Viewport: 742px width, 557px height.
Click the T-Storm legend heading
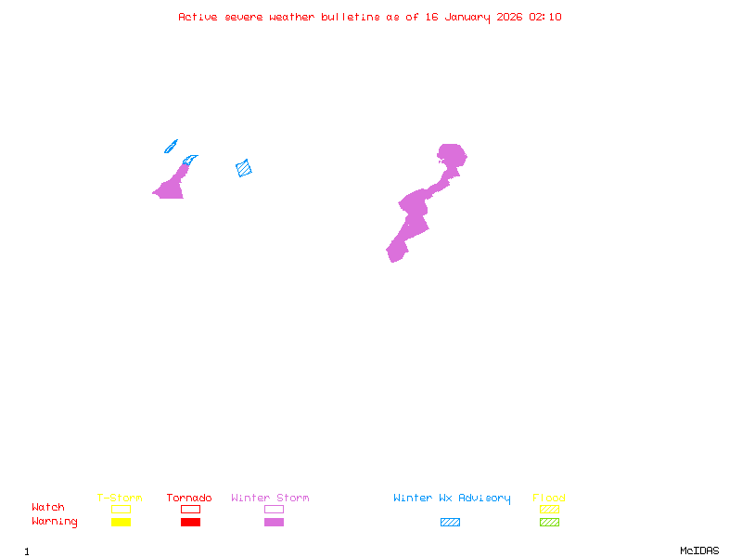point(120,498)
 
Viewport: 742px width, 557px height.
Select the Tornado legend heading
point(189,498)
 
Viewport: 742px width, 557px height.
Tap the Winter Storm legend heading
point(270,498)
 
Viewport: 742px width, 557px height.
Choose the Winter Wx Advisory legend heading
point(452,498)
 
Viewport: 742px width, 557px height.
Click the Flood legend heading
point(549,498)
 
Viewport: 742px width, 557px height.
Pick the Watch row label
point(48,508)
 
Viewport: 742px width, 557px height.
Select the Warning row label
point(55,522)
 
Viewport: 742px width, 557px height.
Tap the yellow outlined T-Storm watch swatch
point(121,509)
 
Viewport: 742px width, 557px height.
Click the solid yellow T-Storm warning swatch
point(121,523)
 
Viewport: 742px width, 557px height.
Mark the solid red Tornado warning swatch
point(190,523)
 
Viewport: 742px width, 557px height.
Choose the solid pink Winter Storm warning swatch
point(274,523)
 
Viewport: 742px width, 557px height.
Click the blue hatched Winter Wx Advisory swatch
point(450,523)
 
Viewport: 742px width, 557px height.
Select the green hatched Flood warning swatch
point(549,523)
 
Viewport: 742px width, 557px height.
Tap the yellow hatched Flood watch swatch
point(549,509)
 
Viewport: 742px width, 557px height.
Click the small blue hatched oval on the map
point(171,146)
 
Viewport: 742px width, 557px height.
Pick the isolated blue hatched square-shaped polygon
point(244,168)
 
